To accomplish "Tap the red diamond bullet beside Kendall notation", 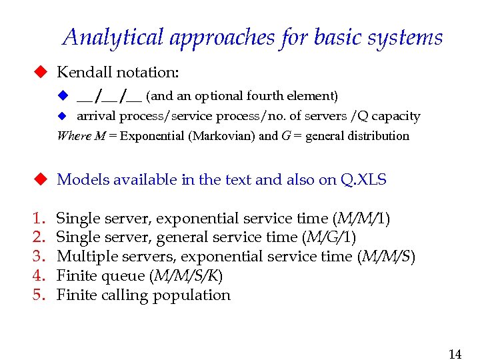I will pos(41,72).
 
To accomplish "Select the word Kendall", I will pos(85,72).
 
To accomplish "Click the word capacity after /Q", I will pos(396,117).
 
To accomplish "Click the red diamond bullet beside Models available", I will pos(41,179).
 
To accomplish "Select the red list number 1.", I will pos(38,219).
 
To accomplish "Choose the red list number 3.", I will pos(38,257).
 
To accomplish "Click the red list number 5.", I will pos(38,295).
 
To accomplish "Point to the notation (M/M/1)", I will pos(363,219).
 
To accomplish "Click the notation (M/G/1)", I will pos(329,237).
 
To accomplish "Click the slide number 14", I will pos(455,354).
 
